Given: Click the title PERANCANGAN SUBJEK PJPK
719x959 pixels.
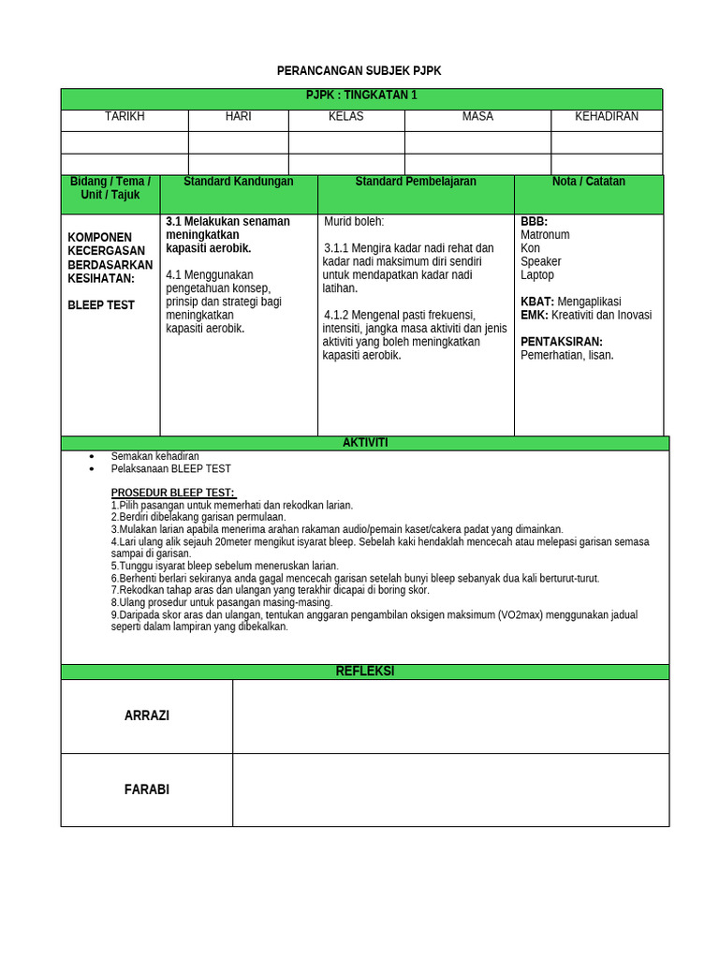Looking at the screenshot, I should pos(359,71).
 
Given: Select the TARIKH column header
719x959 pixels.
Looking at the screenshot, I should pos(125,116).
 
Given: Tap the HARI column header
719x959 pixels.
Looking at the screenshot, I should pos(238,116).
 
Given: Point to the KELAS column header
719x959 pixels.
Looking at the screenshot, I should pos(346,116).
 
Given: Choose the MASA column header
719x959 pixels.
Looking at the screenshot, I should pos(477,116).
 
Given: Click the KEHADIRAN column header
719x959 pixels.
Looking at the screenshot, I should pos(607,116).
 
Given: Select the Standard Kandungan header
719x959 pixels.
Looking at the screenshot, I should pos(239,182).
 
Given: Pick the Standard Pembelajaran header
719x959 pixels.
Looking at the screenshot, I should pos(416,182).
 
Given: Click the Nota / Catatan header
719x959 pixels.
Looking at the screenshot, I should pos(589,182).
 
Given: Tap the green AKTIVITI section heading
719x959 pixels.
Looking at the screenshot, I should pos(365,443).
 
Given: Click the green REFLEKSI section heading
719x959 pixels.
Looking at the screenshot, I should pos(365,671).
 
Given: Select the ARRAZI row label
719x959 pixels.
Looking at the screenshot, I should pos(147,716).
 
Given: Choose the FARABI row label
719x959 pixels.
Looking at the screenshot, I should pos(147,789).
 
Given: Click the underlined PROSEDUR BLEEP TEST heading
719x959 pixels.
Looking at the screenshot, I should pos(173,494).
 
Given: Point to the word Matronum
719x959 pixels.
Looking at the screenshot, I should pos(545,235).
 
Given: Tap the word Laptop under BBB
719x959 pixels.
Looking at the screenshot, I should pos(537,275).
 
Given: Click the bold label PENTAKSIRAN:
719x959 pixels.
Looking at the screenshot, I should pos(562,342).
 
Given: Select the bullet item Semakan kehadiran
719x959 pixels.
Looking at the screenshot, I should pos(154,456).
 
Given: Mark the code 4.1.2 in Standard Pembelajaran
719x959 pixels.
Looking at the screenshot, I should pos(340,315).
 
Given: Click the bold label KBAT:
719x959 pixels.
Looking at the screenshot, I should pos(537,302).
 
